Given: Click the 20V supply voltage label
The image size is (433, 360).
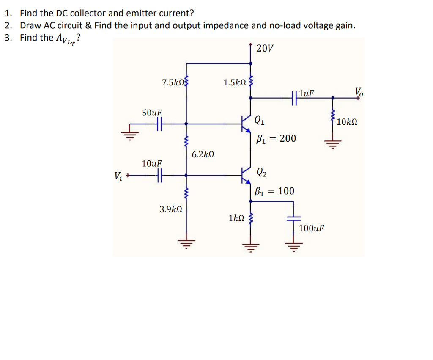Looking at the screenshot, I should click(265, 48).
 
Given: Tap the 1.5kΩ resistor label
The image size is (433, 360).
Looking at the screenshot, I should click(235, 82).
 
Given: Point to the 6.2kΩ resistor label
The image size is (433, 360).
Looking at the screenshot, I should click(203, 154).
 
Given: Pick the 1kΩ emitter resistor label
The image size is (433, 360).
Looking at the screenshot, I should click(236, 218).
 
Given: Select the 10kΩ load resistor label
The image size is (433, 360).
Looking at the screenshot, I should click(347, 122).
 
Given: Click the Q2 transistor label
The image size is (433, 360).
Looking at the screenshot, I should click(262, 172).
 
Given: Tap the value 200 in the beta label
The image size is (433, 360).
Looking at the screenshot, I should click(288, 139).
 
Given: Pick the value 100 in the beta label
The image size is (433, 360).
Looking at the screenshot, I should click(286, 191).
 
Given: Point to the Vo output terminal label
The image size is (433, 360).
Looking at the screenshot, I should click(358, 91).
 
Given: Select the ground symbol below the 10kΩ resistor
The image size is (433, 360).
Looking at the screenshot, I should click(332, 144).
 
